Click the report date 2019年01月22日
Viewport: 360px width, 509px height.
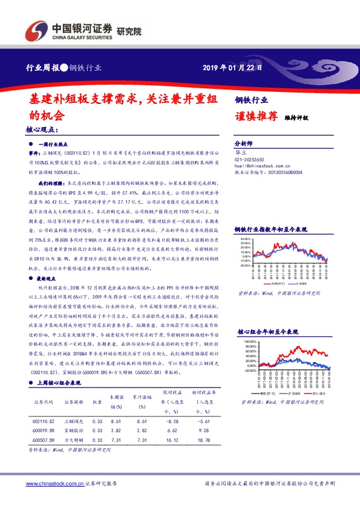coord(232,67)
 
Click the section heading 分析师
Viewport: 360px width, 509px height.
coord(245,144)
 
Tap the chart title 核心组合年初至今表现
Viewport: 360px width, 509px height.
coord(269,332)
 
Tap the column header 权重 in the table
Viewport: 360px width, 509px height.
coord(97,401)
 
